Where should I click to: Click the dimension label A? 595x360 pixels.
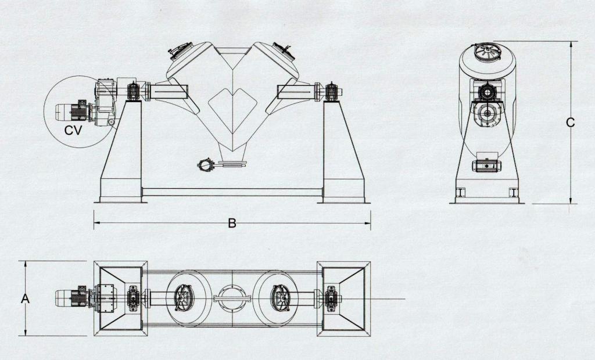(x=25, y=298)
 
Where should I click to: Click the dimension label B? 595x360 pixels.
(x=232, y=222)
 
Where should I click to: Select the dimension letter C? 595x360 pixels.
(x=571, y=123)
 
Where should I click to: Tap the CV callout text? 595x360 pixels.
(x=73, y=131)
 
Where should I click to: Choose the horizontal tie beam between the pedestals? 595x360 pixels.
(x=232, y=192)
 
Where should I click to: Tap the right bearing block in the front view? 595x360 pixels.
(x=331, y=92)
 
